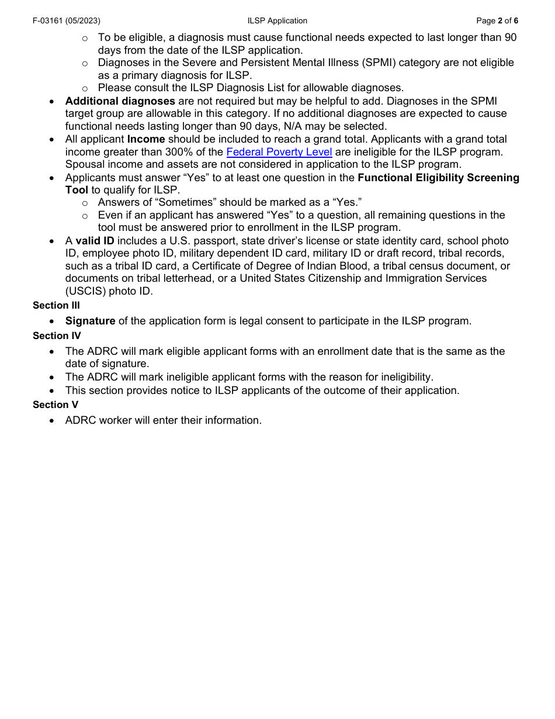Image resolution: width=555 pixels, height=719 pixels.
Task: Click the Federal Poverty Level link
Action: pos(279,152)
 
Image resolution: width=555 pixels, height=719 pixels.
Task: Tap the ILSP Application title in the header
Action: pos(277,21)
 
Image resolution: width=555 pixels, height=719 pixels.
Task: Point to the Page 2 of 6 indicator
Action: pos(497,21)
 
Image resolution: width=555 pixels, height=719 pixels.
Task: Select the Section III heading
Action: pos(56,305)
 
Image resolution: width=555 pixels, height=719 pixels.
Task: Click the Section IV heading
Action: pos(57,336)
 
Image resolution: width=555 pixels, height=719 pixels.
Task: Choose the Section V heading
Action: pos(56,405)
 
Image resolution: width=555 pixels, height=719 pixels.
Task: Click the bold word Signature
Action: pos(90,321)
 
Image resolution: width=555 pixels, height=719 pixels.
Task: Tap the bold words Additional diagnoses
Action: pos(120,101)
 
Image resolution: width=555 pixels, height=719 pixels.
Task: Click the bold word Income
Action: pos(146,139)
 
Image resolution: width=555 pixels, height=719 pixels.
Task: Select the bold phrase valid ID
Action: pos(95,241)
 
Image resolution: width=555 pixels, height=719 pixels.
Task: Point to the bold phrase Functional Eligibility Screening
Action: pos(438,178)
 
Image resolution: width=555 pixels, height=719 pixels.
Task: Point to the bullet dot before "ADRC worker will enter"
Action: pos(53,420)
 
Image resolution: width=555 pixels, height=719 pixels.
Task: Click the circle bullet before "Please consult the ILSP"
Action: pos(85,88)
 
